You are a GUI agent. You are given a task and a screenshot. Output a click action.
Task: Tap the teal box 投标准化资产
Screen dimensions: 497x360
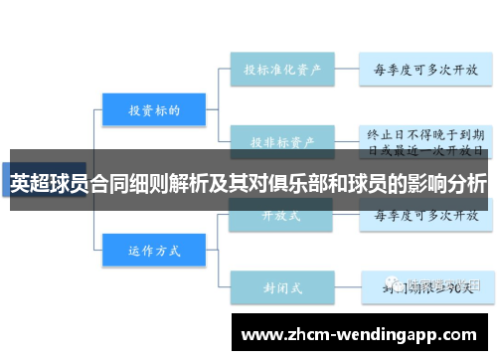pyautogui.click(x=281, y=71)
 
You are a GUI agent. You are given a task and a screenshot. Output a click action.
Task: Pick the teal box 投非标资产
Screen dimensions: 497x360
pyautogui.click(x=281, y=141)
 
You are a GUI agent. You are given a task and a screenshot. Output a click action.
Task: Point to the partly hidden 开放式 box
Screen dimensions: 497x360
pyautogui.click(x=281, y=214)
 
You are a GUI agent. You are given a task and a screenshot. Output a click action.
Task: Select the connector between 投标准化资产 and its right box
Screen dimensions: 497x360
pyautogui.click(x=346, y=71)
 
